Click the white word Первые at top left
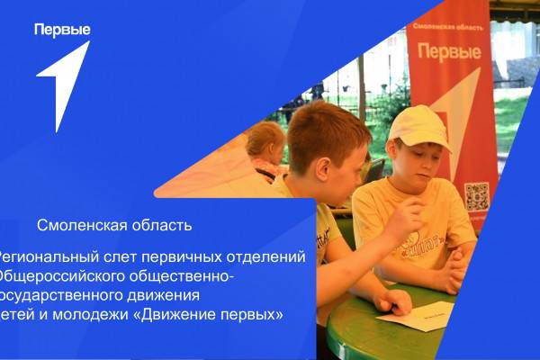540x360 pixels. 62,30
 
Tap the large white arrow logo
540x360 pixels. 65,85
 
